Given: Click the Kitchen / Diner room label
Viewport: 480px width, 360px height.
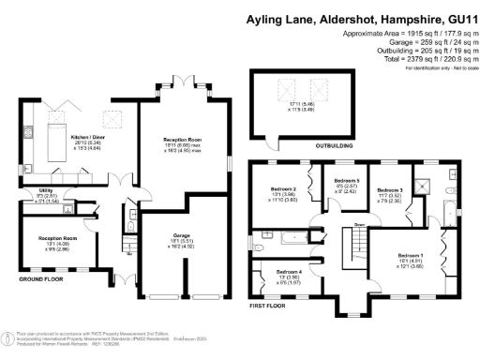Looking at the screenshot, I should pyautogui.click(x=86, y=136).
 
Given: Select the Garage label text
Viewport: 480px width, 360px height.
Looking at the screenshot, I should pyautogui.click(x=182, y=235).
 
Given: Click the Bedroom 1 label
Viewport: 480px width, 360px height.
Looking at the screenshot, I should pyautogui.click(x=411, y=255).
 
